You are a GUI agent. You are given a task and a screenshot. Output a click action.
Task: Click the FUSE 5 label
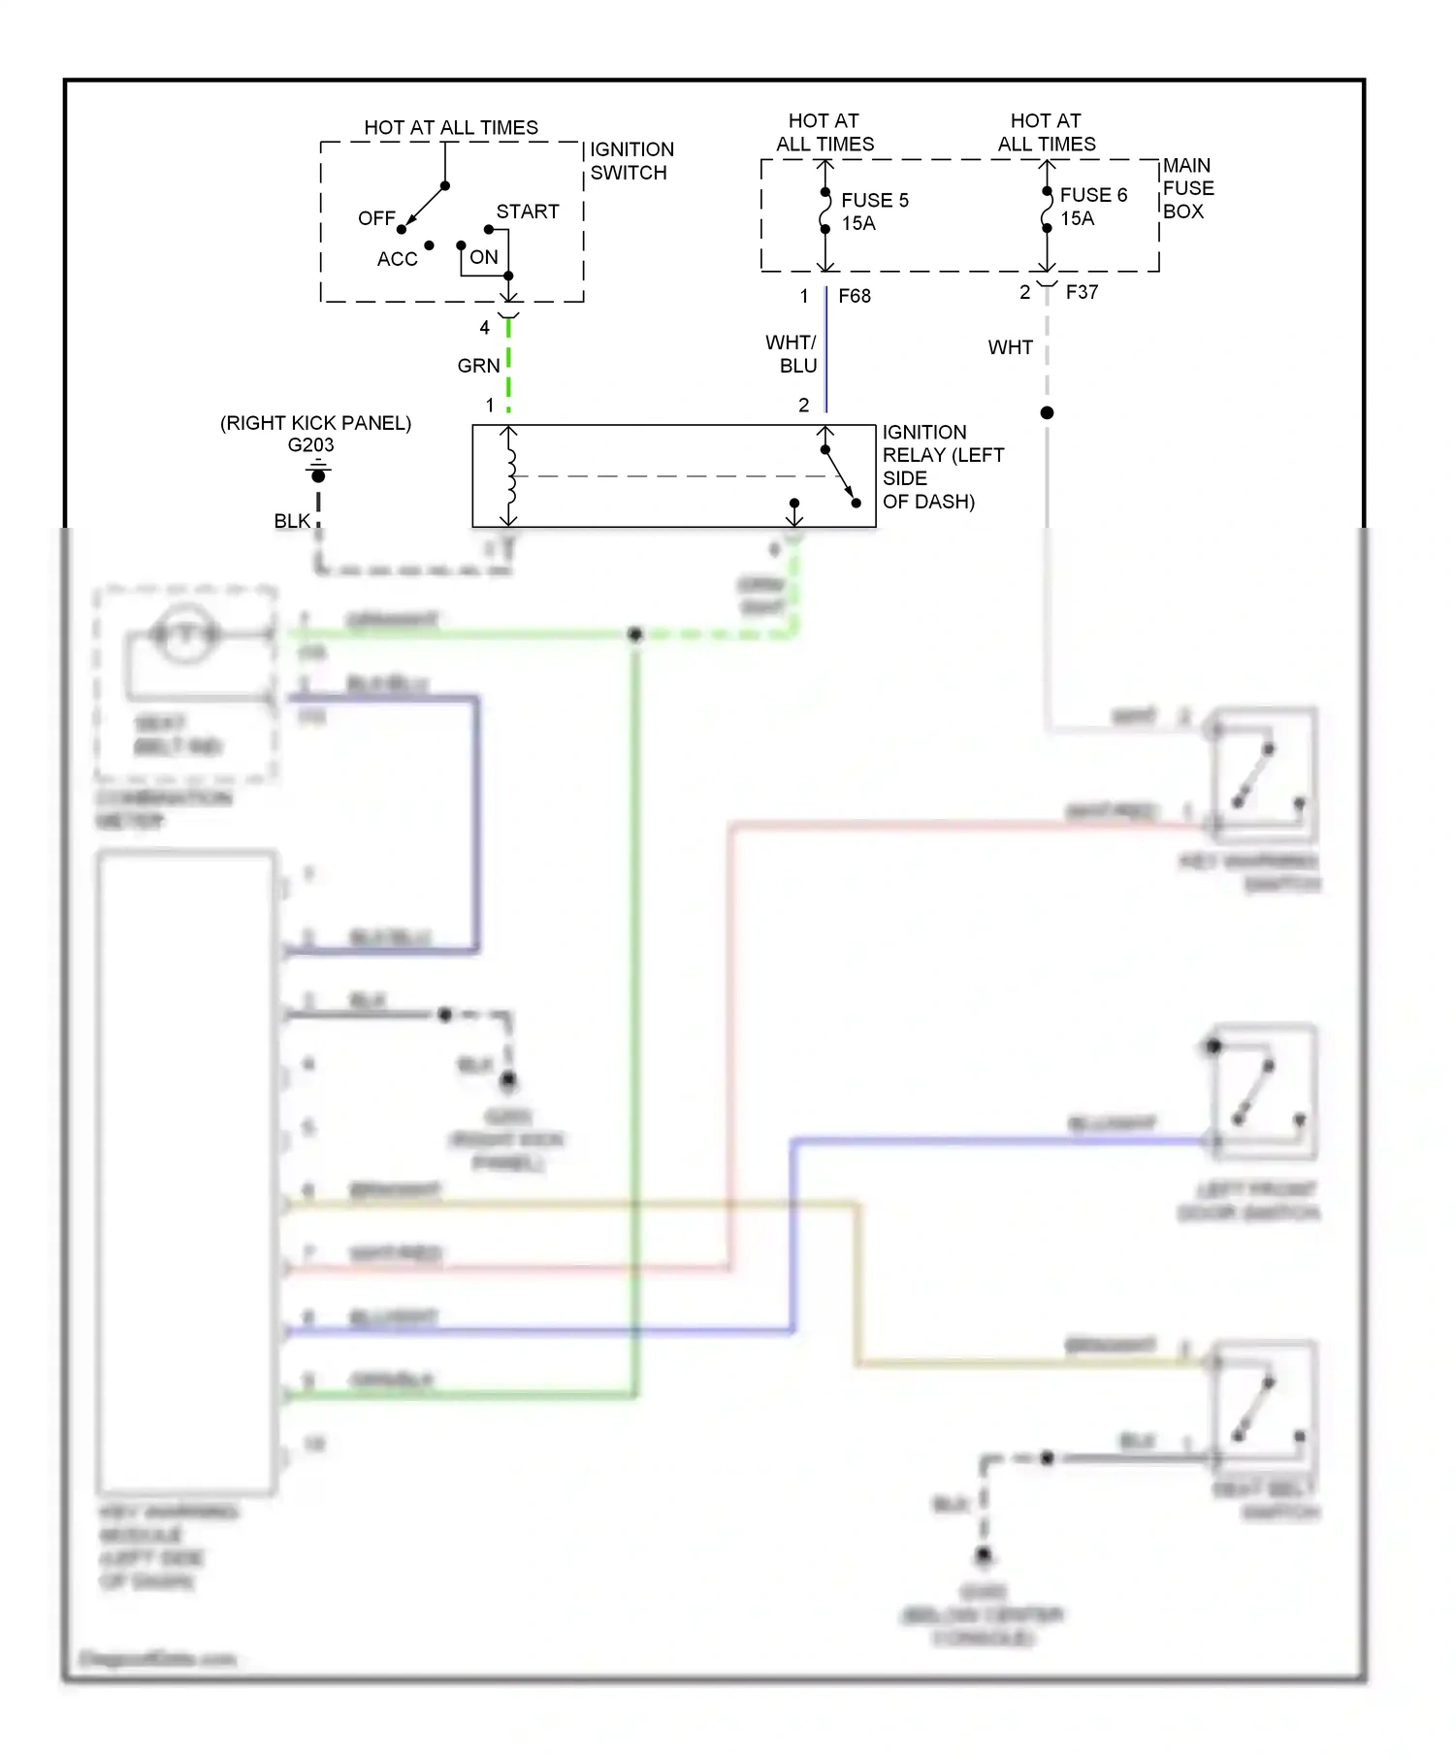[x=874, y=201]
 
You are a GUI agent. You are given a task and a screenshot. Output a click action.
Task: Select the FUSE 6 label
[x=1093, y=196]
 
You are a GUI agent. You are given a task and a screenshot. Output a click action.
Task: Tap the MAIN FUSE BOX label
[x=1187, y=188]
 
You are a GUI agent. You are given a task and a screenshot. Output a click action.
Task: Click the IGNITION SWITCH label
[x=630, y=161]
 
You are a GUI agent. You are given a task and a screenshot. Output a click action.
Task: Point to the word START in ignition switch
[x=528, y=212]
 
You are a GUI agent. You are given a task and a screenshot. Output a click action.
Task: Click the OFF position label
[x=376, y=218]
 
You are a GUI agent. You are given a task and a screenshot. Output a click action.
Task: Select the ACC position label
[x=398, y=259]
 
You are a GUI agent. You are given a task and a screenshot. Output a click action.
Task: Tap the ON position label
[x=484, y=257]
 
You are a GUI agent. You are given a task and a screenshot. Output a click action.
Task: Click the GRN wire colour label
[x=478, y=366]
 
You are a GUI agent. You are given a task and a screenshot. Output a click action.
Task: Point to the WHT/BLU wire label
[x=792, y=354]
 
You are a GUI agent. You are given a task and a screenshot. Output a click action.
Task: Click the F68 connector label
[x=855, y=296]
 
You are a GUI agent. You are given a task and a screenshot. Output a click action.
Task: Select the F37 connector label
[x=1082, y=292]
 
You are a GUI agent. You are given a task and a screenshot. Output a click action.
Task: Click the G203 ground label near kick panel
[x=310, y=445]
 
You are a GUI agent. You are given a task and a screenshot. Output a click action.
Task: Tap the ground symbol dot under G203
[x=318, y=475]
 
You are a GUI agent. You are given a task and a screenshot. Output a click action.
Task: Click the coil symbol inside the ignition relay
[x=510, y=475]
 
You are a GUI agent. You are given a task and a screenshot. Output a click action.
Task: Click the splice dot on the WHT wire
[x=1047, y=413]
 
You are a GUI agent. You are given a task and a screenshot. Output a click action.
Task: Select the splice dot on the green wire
[x=635, y=635]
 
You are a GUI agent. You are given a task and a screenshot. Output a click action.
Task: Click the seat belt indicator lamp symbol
[x=184, y=635]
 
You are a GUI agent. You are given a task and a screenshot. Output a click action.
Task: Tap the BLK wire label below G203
[x=292, y=522]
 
